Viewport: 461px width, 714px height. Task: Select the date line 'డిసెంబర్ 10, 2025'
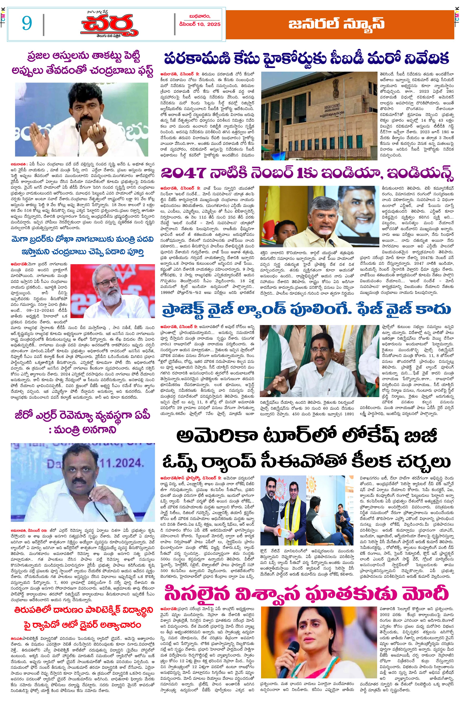pos(200,24)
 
